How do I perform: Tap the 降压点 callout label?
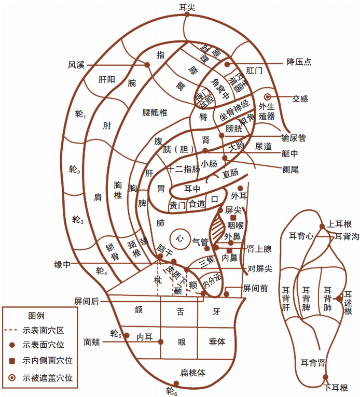(299, 62)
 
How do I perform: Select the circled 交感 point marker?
(268, 97)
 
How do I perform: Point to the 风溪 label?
(76, 65)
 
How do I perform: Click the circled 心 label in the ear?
(179, 238)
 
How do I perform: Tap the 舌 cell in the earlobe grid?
(181, 311)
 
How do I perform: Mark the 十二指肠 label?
(184, 169)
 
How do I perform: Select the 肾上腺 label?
(260, 249)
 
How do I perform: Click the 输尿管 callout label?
(294, 138)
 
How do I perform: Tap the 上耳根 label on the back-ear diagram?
(340, 224)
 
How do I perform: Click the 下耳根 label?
(336, 388)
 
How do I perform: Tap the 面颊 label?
(92, 343)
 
